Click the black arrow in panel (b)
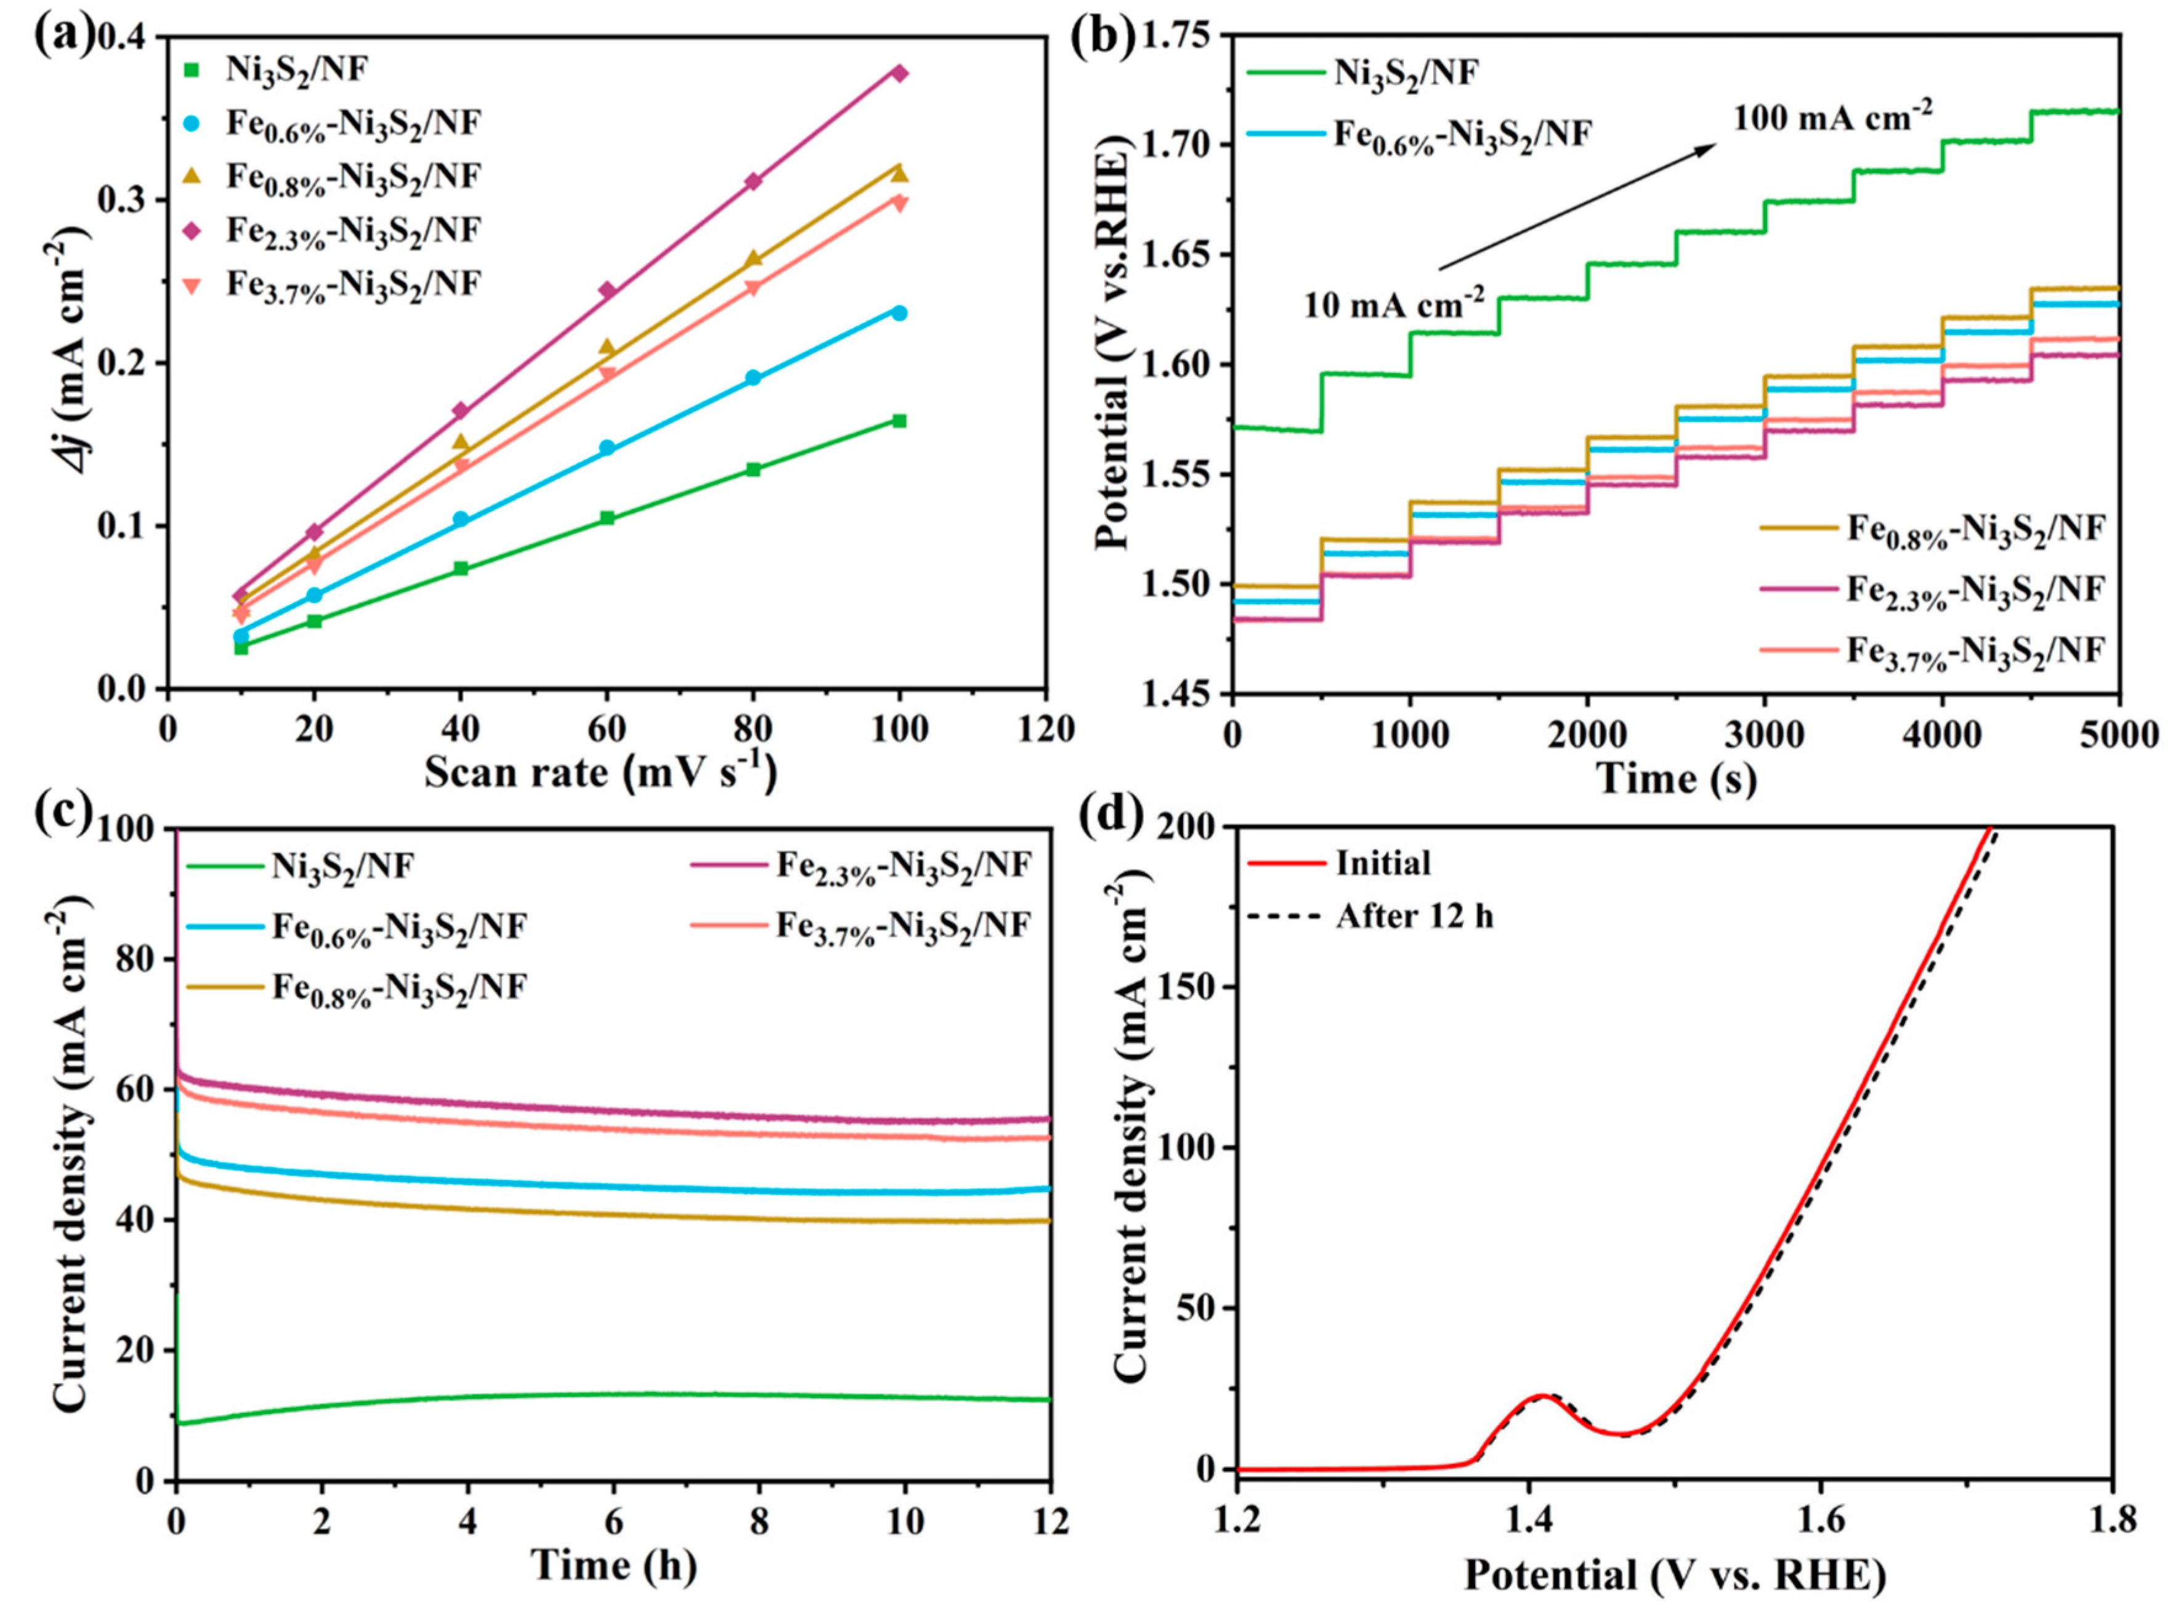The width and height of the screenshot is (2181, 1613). (x=1577, y=207)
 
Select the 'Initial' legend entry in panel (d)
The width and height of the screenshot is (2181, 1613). (x=1382, y=863)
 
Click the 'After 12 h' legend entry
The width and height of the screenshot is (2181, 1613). (x=1414, y=916)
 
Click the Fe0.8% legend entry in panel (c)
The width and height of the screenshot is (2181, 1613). (x=399, y=987)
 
